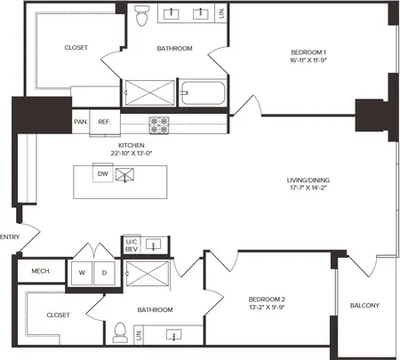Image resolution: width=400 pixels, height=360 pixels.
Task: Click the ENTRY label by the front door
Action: (10, 237)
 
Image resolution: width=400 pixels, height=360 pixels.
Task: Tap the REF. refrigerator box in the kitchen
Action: (105, 122)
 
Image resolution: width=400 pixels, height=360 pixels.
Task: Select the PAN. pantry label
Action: (81, 122)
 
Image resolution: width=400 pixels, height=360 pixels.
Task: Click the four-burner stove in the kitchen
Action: (159, 125)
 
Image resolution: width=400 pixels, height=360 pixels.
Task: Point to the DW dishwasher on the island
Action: (103, 173)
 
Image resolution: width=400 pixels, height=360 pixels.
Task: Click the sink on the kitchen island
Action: (124, 174)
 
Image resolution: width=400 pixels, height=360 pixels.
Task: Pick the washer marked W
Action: (82, 273)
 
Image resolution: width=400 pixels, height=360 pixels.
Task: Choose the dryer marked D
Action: (104, 273)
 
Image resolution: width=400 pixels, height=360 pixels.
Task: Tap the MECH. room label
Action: (41, 271)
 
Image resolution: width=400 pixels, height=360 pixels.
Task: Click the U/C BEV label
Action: (132, 245)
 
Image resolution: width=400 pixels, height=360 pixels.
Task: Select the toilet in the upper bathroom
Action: (141, 15)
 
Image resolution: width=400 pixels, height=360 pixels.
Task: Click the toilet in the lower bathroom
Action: (120, 332)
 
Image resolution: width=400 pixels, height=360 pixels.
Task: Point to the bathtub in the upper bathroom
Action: (203, 93)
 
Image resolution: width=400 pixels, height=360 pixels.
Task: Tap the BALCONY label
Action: (364, 306)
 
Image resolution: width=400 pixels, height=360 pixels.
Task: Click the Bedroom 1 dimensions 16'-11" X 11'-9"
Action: (308, 60)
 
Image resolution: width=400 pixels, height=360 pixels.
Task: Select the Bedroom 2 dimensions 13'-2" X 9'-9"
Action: (267, 308)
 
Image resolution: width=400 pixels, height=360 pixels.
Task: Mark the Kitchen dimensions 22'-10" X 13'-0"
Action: (132, 154)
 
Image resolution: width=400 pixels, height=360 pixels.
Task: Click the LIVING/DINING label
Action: (308, 180)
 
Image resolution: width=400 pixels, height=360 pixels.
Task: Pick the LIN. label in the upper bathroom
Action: (221, 13)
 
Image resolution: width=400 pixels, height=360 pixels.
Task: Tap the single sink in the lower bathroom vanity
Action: (174, 335)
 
